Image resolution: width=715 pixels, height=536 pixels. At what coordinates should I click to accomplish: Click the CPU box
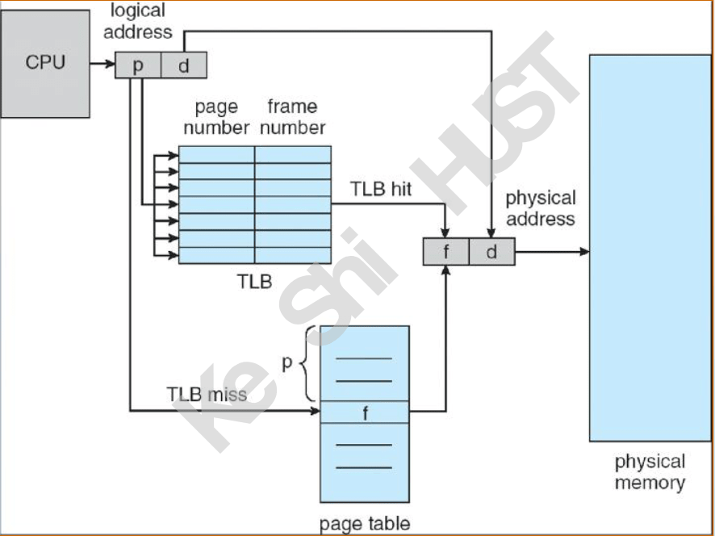(x=45, y=64)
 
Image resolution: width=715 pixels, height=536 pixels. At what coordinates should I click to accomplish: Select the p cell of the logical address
(x=138, y=65)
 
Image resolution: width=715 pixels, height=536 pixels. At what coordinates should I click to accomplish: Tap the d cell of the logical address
(x=184, y=65)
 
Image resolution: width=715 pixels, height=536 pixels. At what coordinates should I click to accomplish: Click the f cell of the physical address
(x=446, y=251)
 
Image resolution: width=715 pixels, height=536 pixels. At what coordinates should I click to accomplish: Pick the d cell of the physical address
(x=492, y=251)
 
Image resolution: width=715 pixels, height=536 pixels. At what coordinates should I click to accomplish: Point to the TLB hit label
(x=381, y=189)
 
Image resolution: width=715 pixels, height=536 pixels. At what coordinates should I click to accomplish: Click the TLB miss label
(x=207, y=395)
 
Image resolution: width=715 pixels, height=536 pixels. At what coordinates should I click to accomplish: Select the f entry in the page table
(x=365, y=412)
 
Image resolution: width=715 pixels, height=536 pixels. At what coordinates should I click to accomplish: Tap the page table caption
(x=365, y=524)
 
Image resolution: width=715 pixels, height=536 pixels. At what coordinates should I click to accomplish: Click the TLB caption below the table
(x=254, y=282)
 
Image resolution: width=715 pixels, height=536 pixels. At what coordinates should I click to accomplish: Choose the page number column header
(x=216, y=117)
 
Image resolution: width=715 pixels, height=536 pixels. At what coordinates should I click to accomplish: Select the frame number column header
(x=293, y=117)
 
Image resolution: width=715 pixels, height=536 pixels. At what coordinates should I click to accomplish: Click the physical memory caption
(x=650, y=471)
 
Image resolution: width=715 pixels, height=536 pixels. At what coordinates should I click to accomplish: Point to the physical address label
(x=541, y=208)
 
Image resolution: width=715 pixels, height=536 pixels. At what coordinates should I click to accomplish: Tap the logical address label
(x=138, y=22)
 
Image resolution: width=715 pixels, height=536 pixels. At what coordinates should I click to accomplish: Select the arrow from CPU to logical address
(x=102, y=64)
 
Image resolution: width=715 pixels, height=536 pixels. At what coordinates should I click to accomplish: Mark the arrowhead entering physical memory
(x=584, y=251)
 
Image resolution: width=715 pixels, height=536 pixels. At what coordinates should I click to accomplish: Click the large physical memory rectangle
(x=650, y=248)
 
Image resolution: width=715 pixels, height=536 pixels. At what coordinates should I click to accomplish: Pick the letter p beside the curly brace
(x=286, y=362)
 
